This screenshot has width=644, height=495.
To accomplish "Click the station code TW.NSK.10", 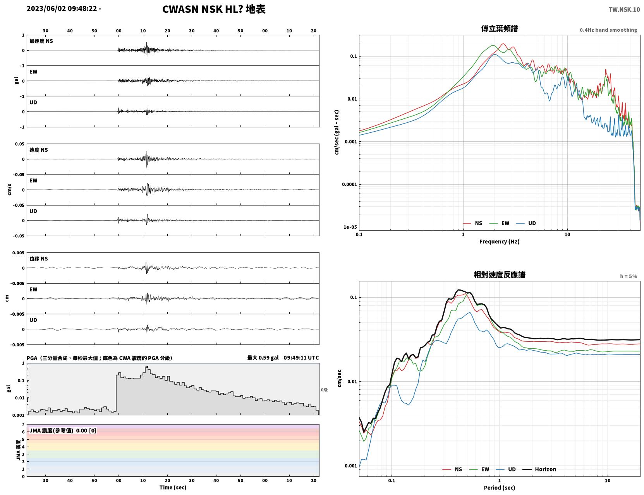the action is pyautogui.click(x=624, y=9).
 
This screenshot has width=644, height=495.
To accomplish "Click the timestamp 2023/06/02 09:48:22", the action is pyautogui.click(x=62, y=9).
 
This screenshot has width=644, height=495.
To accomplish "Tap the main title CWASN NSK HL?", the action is pyautogui.click(x=203, y=9).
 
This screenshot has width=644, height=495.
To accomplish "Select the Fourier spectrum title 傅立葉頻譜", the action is pyautogui.click(x=499, y=29).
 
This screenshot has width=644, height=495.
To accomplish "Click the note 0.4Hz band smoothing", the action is pyautogui.click(x=608, y=30).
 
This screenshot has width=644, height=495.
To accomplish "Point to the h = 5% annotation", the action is pyautogui.click(x=628, y=276).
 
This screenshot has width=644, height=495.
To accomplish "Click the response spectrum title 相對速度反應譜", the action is pyautogui.click(x=499, y=275).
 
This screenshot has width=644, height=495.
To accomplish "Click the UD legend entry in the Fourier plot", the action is pyautogui.click(x=526, y=223).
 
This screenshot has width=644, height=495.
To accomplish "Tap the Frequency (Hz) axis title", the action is pyautogui.click(x=499, y=242).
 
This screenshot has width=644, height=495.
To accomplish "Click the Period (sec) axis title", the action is pyautogui.click(x=499, y=488).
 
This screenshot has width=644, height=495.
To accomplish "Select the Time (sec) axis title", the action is pyautogui.click(x=173, y=487).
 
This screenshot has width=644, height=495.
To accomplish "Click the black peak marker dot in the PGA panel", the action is pyautogui.click(x=147, y=367).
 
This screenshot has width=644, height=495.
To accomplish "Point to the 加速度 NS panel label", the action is pyautogui.click(x=41, y=41).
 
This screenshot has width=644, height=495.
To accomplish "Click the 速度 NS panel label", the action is pyautogui.click(x=38, y=150).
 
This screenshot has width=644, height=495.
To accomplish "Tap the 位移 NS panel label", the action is pyautogui.click(x=38, y=259).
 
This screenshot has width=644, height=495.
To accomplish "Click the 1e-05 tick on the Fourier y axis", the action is pyautogui.click(x=350, y=227).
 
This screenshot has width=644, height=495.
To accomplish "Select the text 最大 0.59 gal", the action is pyautogui.click(x=263, y=358).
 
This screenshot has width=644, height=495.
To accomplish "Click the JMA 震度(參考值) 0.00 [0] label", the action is pyautogui.click(x=62, y=430).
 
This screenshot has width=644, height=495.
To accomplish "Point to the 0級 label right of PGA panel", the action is pyautogui.click(x=324, y=390).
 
